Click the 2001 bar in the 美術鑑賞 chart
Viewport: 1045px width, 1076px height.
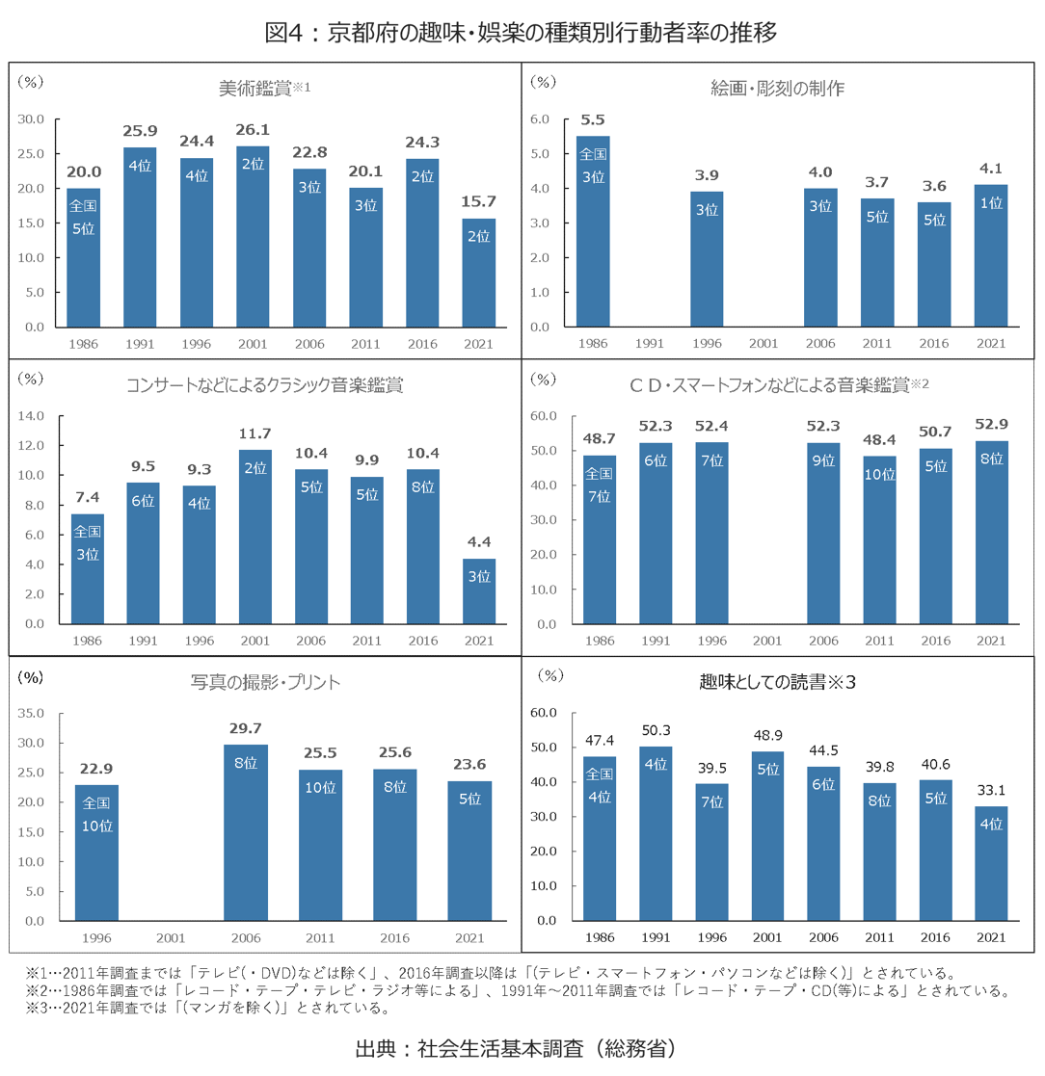point(253,236)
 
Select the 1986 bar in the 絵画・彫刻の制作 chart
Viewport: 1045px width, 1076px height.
point(593,231)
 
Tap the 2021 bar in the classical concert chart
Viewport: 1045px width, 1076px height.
point(479,590)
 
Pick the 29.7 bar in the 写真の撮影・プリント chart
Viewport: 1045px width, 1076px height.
point(246,832)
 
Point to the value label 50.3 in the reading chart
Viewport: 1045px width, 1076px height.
point(656,730)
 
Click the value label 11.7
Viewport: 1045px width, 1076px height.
point(255,433)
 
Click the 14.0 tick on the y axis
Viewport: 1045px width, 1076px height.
point(33,416)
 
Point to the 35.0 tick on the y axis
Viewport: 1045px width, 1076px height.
point(33,713)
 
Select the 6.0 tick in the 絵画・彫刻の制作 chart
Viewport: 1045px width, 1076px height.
point(540,119)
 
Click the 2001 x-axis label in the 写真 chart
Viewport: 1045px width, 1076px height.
point(171,937)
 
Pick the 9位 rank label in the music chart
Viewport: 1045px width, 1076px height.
point(824,460)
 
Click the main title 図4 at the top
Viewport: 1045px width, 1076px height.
point(522,33)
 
